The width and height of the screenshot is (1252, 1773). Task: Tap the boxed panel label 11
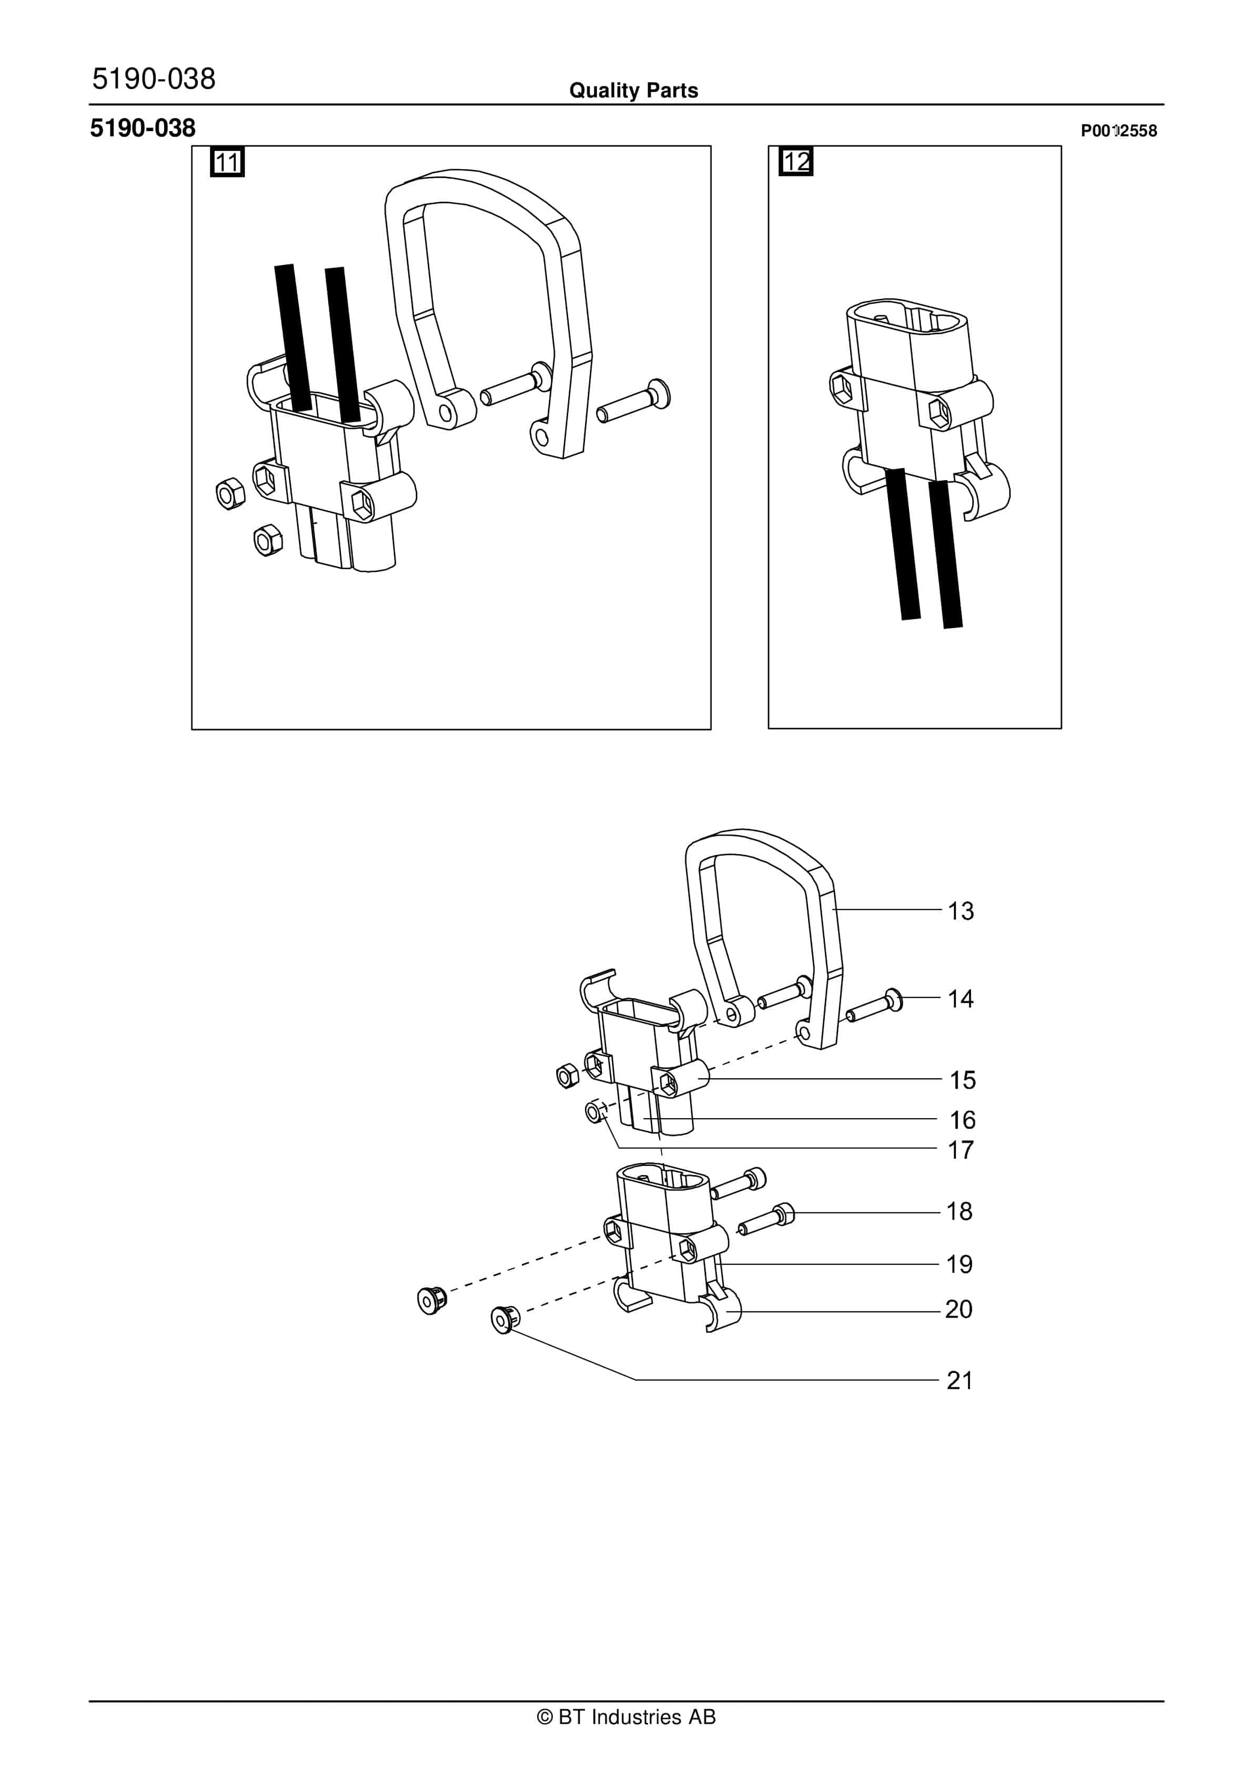click(227, 162)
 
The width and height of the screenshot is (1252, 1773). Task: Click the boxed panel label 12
click(796, 162)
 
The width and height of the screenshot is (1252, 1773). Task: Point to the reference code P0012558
click(1118, 131)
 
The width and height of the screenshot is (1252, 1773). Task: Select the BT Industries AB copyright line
click(626, 1717)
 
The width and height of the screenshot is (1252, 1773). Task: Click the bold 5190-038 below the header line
click(143, 128)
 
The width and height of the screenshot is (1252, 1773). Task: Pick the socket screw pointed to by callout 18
click(769, 1219)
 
